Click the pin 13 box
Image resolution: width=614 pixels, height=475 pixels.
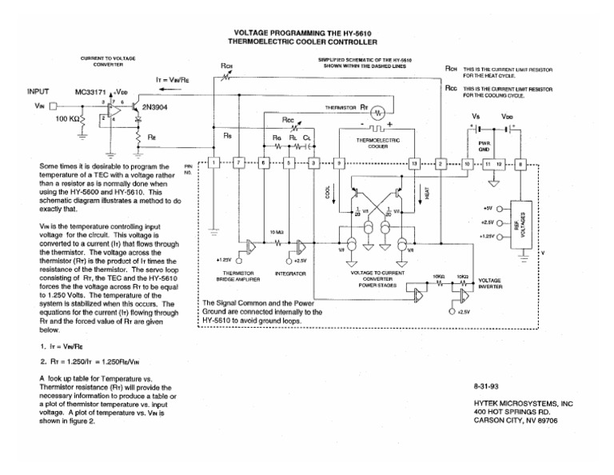(414, 163)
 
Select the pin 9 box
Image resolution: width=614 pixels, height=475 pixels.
(339, 163)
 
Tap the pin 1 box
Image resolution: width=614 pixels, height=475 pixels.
(213, 163)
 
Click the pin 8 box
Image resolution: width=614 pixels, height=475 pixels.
(521, 163)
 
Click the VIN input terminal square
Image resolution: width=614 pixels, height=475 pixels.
(54, 105)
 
